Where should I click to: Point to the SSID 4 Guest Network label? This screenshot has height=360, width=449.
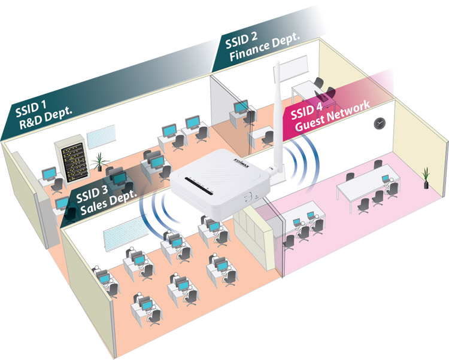(x=330, y=116)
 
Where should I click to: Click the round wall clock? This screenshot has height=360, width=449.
(x=379, y=123)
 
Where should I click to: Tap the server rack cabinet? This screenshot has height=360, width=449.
(x=72, y=158)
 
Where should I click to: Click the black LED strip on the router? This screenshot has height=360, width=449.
(x=198, y=186)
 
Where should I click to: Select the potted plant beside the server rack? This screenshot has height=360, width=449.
(x=99, y=161)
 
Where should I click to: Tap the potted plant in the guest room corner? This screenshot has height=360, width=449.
(x=426, y=178)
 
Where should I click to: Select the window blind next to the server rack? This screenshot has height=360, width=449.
(x=101, y=136)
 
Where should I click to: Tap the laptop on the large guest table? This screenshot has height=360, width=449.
(x=386, y=179)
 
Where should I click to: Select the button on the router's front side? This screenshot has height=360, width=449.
(x=247, y=197)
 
